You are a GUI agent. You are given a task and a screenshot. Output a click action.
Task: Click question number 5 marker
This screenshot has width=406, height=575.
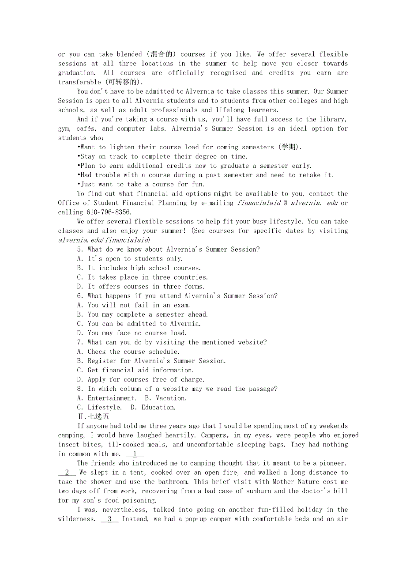click(80, 250)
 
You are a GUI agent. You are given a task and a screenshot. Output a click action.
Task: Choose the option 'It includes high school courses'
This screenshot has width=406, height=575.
click(139, 268)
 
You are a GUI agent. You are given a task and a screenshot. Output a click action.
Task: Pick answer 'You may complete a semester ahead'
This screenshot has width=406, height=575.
click(143, 314)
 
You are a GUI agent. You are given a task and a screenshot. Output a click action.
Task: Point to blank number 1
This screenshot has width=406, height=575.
click(135, 454)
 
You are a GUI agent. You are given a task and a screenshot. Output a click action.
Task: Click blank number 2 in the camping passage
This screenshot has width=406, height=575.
click(67, 473)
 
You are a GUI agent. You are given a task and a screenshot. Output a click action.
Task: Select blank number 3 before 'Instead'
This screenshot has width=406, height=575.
click(109, 519)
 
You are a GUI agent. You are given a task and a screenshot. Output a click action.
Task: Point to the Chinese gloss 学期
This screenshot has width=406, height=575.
click(289, 147)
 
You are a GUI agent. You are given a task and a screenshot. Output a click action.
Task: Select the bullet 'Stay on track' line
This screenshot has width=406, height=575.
click(162, 156)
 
